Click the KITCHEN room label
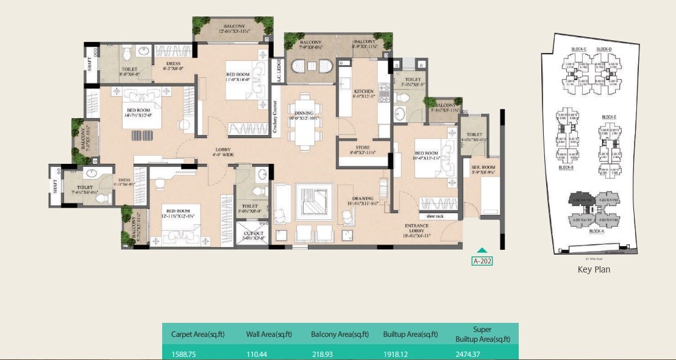point(352,92)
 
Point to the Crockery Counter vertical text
point(276,117)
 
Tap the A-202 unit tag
point(482,261)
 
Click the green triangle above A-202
point(482,250)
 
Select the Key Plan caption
point(593,269)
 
